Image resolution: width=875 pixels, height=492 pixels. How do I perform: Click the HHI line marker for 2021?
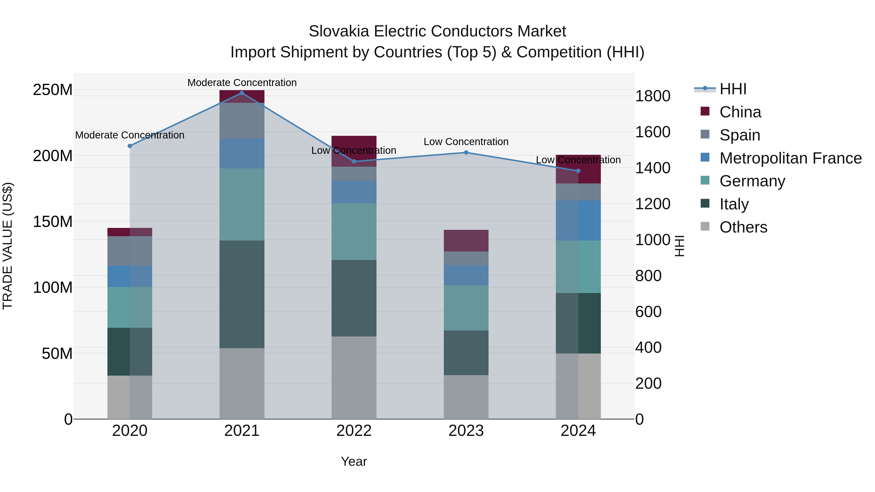point(242,93)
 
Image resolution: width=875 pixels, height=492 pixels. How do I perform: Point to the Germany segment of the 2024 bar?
point(578,267)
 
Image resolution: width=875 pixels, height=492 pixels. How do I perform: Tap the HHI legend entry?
point(733,89)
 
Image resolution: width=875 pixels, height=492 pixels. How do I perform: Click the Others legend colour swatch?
point(705,226)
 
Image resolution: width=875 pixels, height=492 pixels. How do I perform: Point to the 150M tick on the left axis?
point(53,222)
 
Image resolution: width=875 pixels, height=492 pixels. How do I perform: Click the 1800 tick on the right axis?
point(653,96)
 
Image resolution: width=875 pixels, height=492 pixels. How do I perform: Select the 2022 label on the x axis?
point(354,431)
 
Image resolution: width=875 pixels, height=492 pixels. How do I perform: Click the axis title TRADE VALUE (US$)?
point(8,246)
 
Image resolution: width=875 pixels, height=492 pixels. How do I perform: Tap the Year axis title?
point(354,461)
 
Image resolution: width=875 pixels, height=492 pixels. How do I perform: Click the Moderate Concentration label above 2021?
point(242,83)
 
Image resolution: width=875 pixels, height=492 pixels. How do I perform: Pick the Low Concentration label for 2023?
point(466,142)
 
